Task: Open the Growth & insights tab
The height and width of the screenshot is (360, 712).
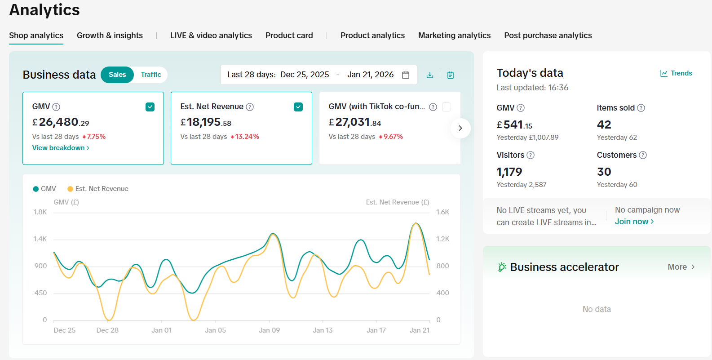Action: pos(110,36)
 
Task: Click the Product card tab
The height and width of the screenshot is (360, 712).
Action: pos(289,36)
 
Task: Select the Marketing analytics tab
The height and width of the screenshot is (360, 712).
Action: pos(454,36)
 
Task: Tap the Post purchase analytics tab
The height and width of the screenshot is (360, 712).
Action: pos(548,36)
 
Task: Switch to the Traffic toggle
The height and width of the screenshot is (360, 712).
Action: pos(150,75)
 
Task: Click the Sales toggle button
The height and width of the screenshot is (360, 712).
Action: pos(117,75)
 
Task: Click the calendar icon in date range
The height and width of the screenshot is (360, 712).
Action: pos(406,75)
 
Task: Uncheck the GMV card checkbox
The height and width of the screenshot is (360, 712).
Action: pos(150,107)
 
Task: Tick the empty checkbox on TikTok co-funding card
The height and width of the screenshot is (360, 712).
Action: pos(447,107)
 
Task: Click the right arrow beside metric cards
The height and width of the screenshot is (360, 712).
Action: pos(460,128)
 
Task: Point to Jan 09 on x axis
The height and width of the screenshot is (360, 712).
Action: pos(269,330)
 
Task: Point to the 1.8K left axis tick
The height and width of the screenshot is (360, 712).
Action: pos(40,212)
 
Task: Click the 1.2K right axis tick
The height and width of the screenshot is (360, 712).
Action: pos(442,239)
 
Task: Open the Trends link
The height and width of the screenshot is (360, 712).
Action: pos(676,73)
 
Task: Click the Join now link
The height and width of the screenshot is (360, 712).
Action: pos(634,222)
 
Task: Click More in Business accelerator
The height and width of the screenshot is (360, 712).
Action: pos(681,267)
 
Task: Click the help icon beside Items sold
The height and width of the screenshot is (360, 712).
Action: pos(641,108)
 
